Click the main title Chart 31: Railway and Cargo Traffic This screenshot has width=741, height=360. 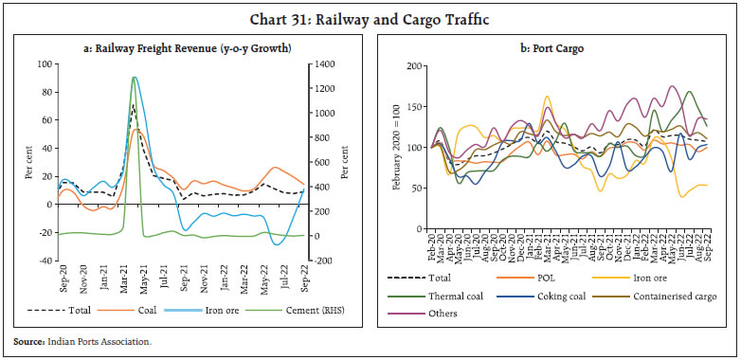coord(370,15)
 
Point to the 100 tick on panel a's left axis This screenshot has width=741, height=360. coord(44,64)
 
